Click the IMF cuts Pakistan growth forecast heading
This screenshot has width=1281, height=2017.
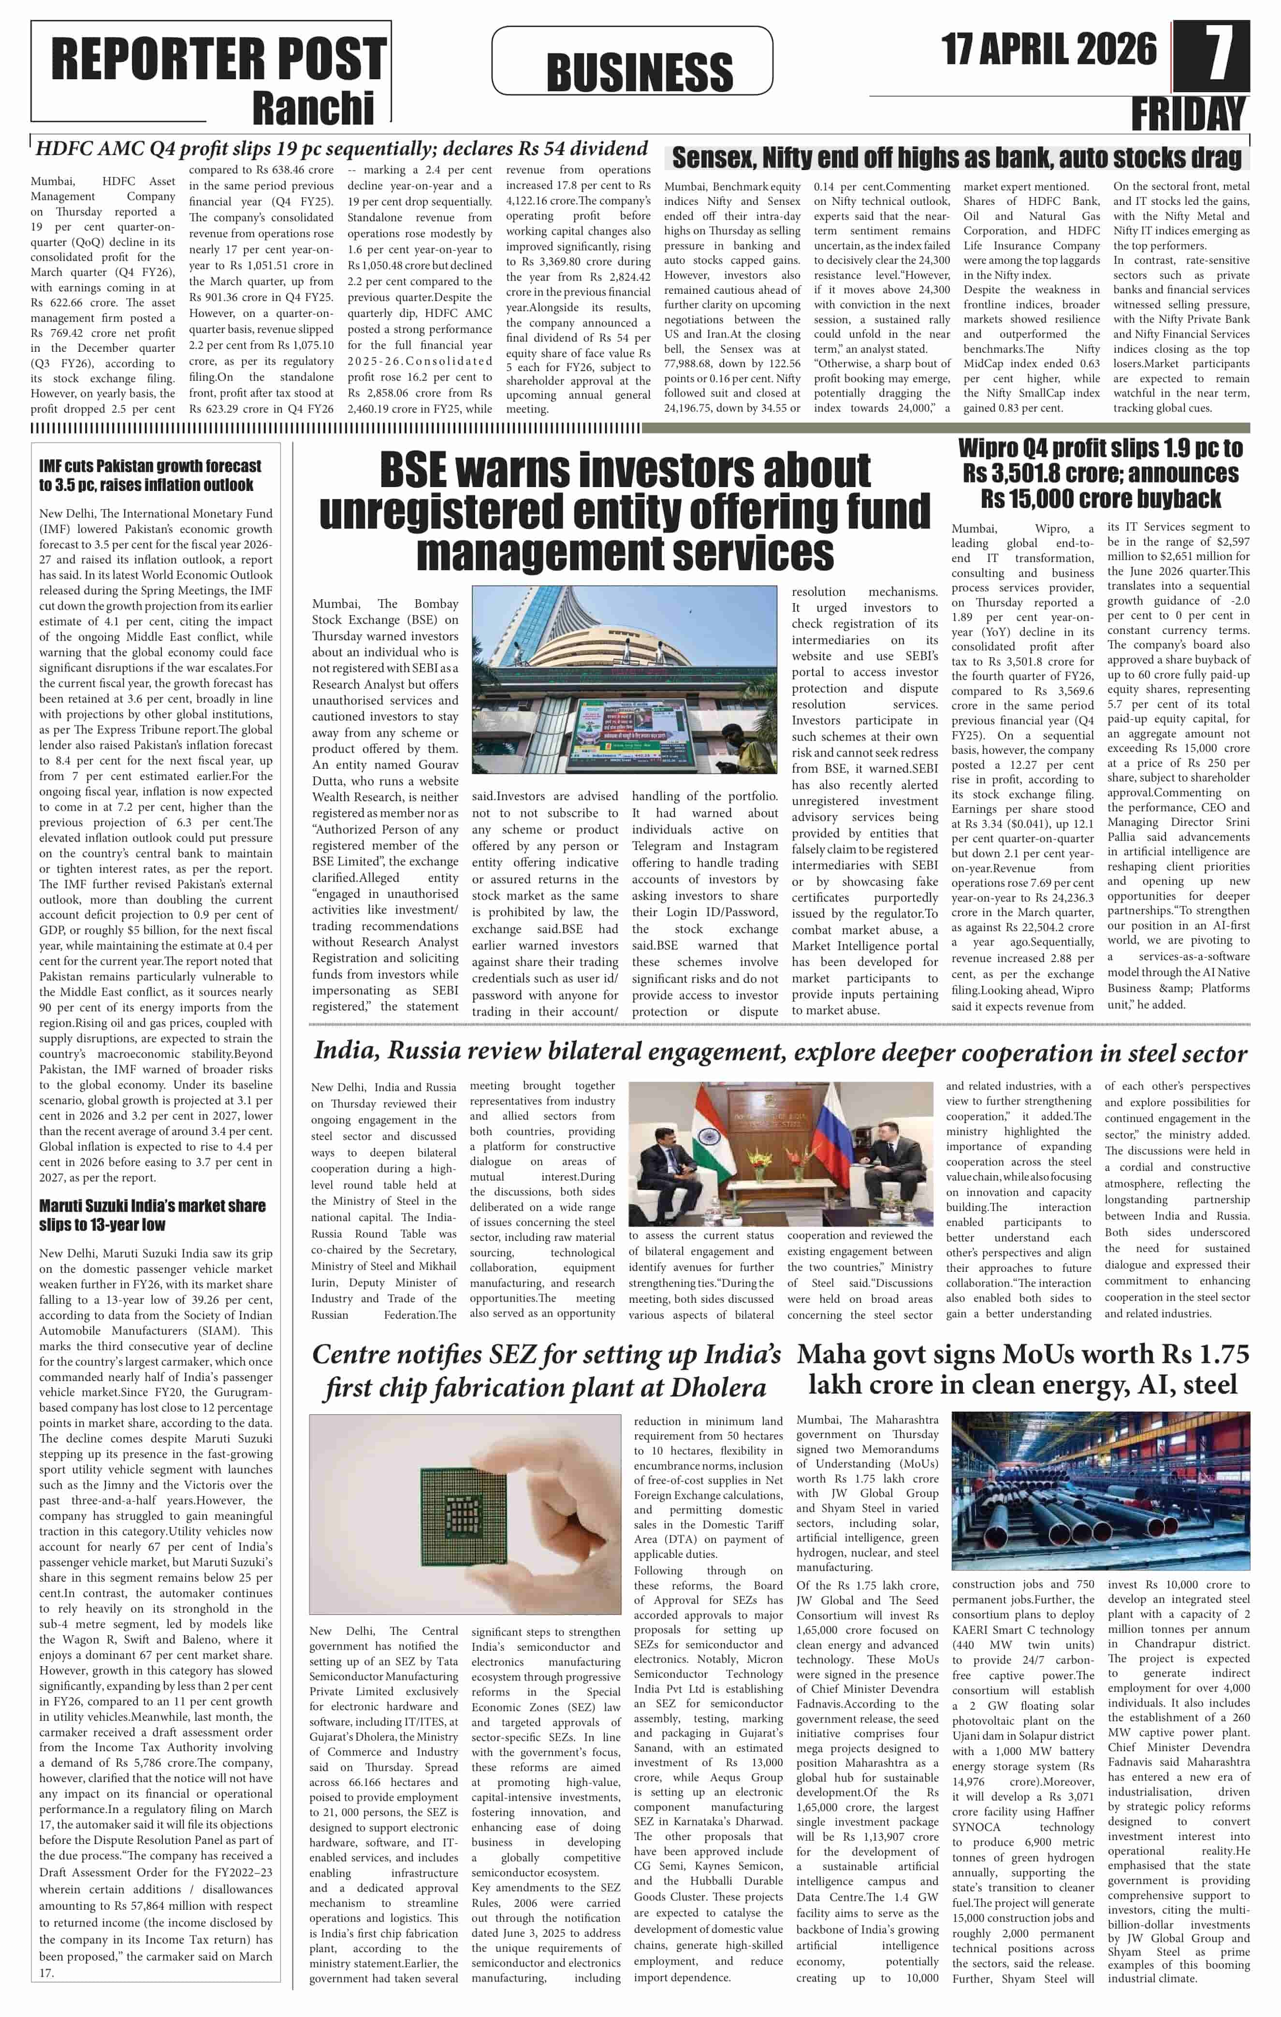pyautogui.click(x=150, y=475)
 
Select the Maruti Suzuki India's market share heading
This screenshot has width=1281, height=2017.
pyautogui.click(x=152, y=1214)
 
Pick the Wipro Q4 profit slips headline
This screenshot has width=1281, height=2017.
pyautogui.click(x=1100, y=473)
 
